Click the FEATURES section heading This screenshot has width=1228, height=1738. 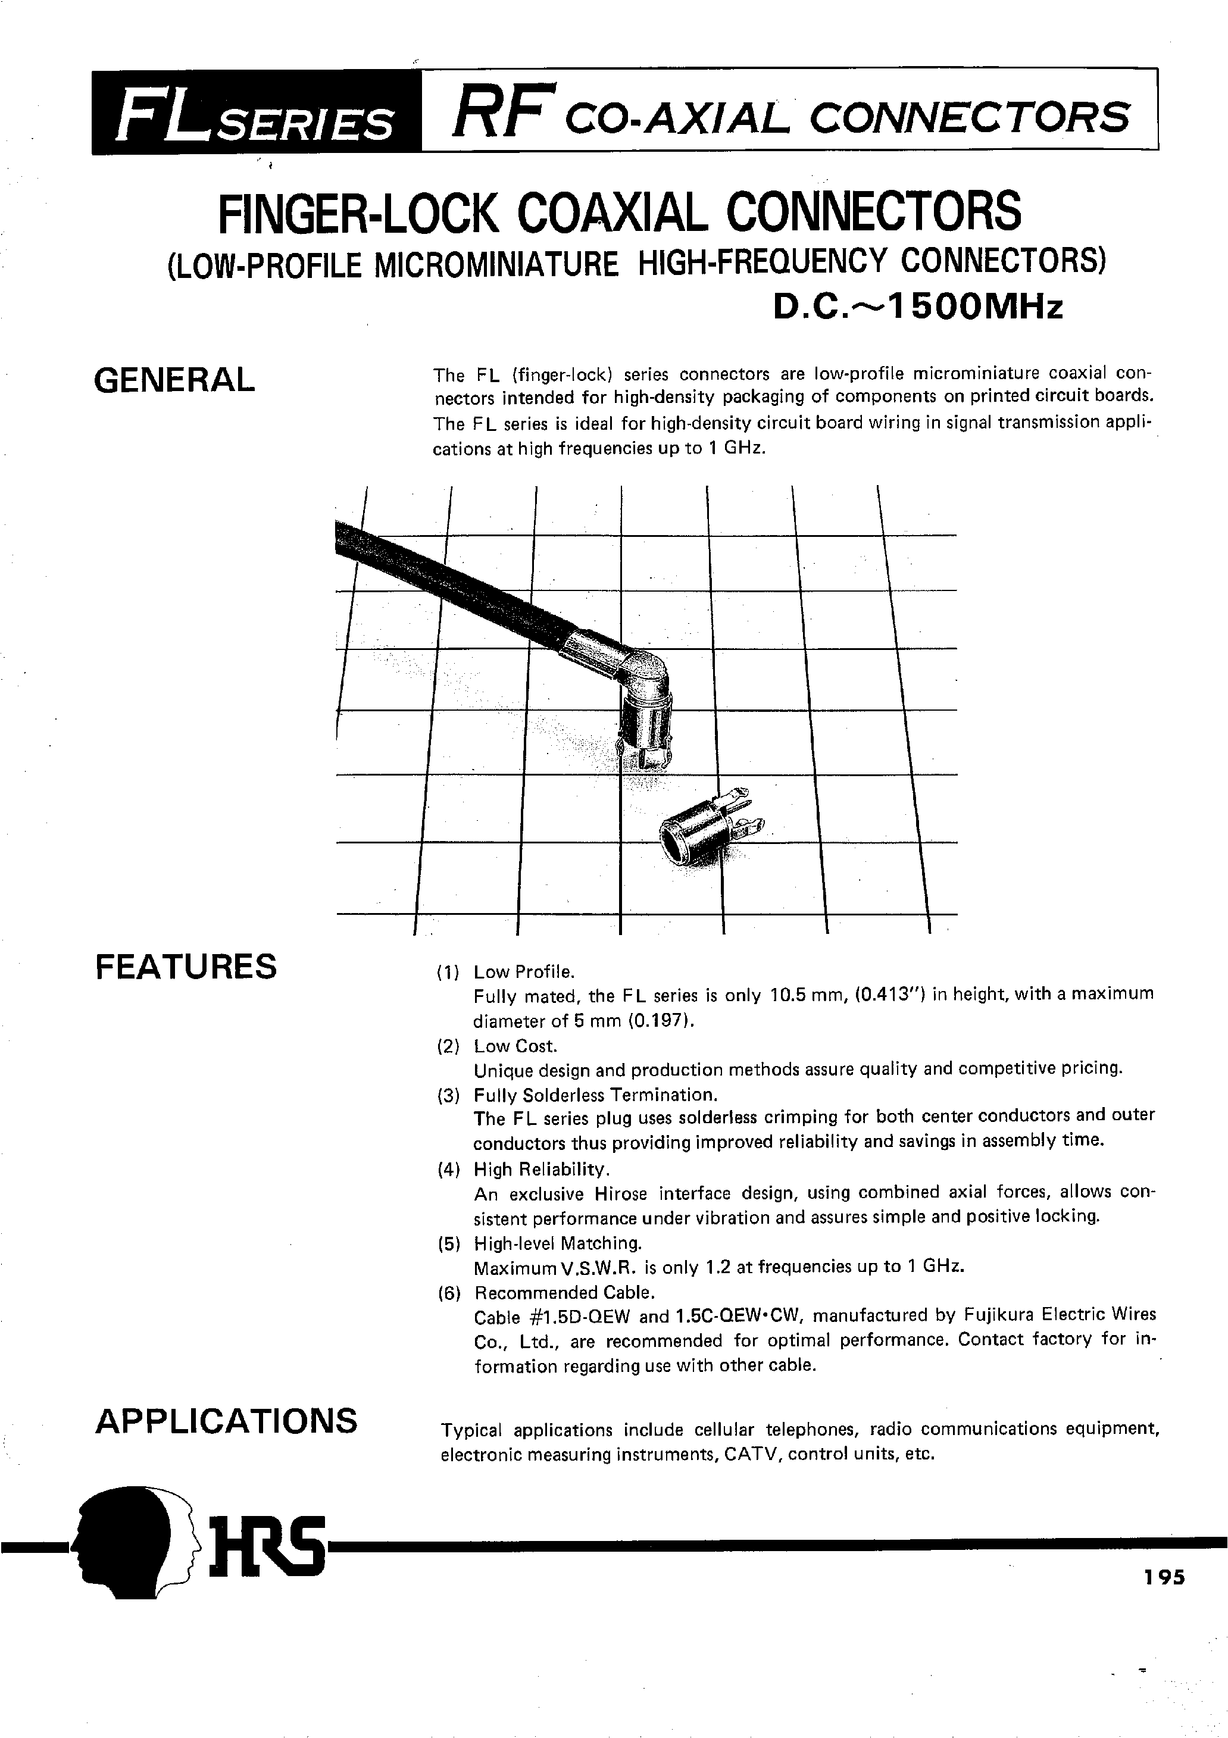(186, 967)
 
